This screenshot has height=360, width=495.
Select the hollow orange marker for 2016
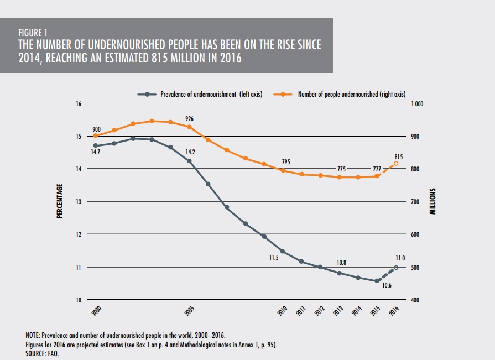pyautogui.click(x=396, y=164)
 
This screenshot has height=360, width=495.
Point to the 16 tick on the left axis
pyautogui.click(x=79, y=104)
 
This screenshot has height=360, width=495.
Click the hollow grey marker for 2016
pyautogui.click(x=396, y=268)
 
